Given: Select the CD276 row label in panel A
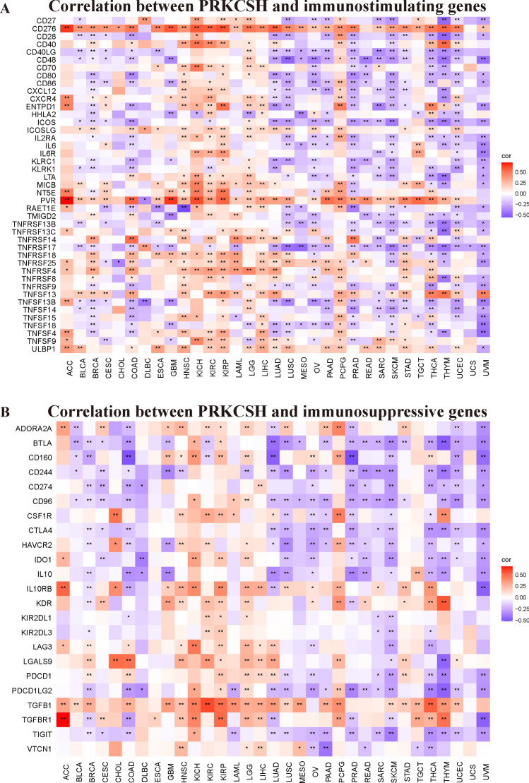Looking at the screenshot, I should point(43,29).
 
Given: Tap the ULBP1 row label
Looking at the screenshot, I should point(43,348).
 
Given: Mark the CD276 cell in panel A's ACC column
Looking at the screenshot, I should point(68,29).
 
